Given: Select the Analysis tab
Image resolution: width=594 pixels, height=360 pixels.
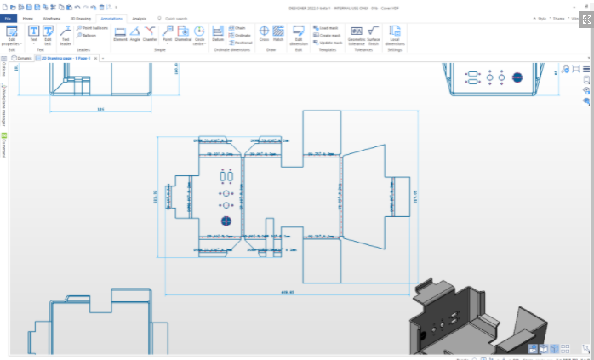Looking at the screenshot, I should click(x=139, y=17).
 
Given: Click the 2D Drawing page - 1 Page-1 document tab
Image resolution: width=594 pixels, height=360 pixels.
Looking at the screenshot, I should click(x=66, y=58).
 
